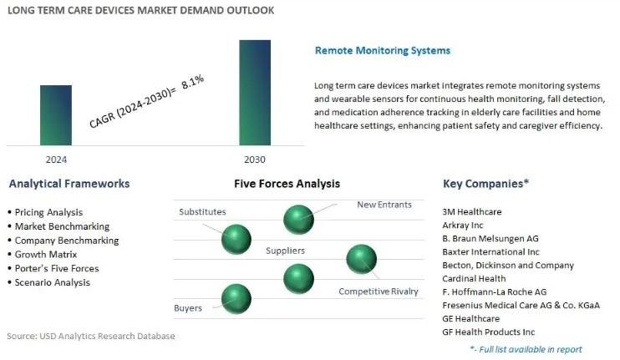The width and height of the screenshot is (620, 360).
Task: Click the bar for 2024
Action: pyautogui.click(x=56, y=115)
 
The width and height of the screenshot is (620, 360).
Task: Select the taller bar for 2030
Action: pyautogui.click(x=255, y=93)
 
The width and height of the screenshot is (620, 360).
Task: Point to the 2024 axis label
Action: pyautogui.click(x=56, y=160)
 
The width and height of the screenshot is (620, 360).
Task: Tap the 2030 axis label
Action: pyautogui.click(x=255, y=160)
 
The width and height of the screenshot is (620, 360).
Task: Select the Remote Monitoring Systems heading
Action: pyautogui.click(x=383, y=51)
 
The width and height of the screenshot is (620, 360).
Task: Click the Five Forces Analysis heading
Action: pyautogui.click(x=287, y=184)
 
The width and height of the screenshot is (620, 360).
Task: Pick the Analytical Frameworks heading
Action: pyautogui.click(x=69, y=184)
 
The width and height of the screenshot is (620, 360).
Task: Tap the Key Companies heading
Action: pyautogui.click(x=485, y=184)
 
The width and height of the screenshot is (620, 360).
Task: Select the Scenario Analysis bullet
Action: pyautogui.click(x=49, y=282)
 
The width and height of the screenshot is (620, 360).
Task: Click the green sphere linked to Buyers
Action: pyautogui.click(x=236, y=299)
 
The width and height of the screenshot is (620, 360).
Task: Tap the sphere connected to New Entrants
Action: pyautogui.click(x=298, y=220)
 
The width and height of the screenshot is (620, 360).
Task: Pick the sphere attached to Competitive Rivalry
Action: pyautogui.click(x=362, y=259)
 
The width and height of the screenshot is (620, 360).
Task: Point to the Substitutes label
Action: pyautogui.click(x=202, y=212)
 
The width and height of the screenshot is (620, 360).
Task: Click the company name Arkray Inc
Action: pyautogui.click(x=463, y=226)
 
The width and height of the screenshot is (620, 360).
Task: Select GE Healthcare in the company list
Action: pyautogui.click(x=471, y=318)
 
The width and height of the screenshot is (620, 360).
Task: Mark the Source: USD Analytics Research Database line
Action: pyautogui.click(x=91, y=336)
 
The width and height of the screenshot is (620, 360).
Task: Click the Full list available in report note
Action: pyautogui.click(x=526, y=349)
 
